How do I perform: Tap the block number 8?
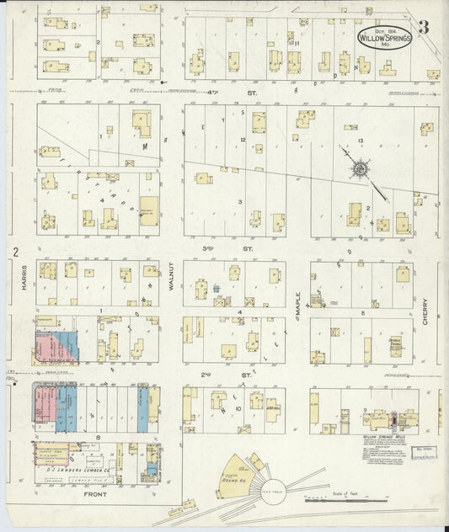point(99,439)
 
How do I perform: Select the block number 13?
point(360,140)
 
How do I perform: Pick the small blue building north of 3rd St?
point(216,288)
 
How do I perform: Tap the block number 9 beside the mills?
point(364,410)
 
